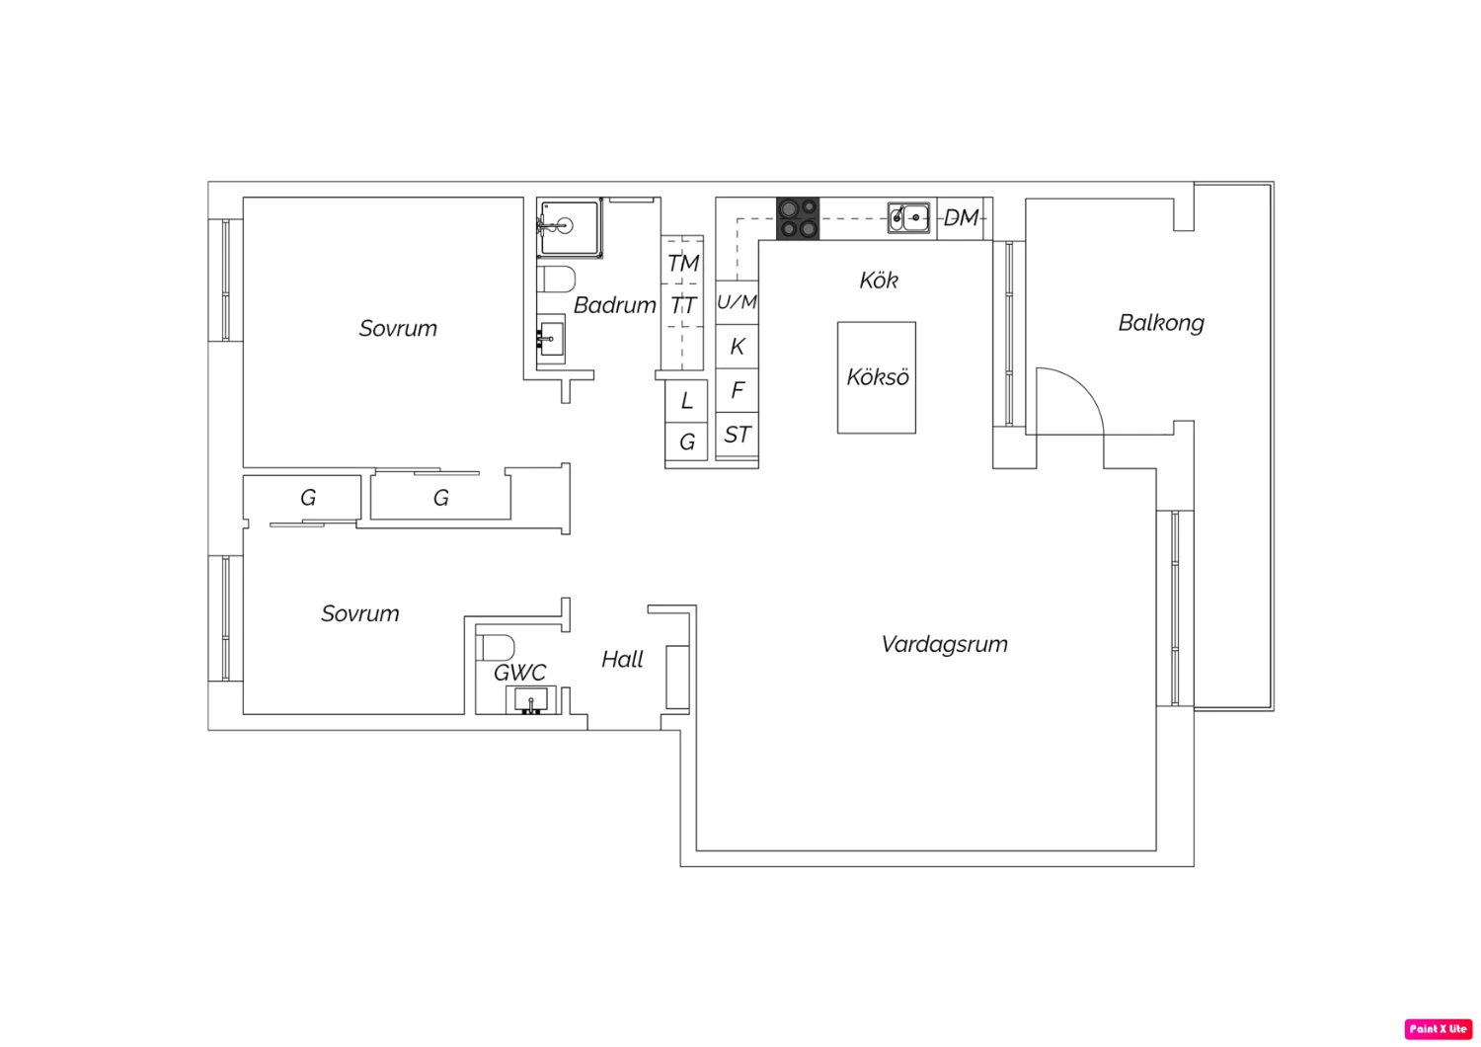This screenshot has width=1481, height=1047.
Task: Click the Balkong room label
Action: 1161,323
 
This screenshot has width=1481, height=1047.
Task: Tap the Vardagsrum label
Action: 944,644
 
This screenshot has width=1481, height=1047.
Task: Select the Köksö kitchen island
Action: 877,377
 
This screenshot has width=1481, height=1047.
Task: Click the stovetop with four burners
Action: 798,218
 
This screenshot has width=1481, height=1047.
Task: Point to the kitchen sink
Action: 908,217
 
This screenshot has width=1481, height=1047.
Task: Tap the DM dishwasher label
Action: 961,217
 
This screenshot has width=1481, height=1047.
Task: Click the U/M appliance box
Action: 737,302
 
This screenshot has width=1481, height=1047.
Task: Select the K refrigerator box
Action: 737,346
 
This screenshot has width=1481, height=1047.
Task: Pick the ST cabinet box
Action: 737,435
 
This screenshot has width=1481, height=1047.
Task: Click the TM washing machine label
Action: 683,264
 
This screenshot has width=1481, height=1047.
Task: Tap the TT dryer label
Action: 683,305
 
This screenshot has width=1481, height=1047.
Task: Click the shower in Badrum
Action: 570,227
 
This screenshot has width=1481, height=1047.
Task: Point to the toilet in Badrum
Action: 555,280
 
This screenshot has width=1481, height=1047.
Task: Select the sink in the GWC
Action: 530,699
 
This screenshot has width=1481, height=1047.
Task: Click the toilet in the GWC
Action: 496,648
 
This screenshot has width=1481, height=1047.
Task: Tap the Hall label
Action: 622,660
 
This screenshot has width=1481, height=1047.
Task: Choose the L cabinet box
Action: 686,401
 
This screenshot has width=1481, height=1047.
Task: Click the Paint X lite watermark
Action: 1438,1028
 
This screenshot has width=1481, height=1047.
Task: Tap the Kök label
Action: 879,281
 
